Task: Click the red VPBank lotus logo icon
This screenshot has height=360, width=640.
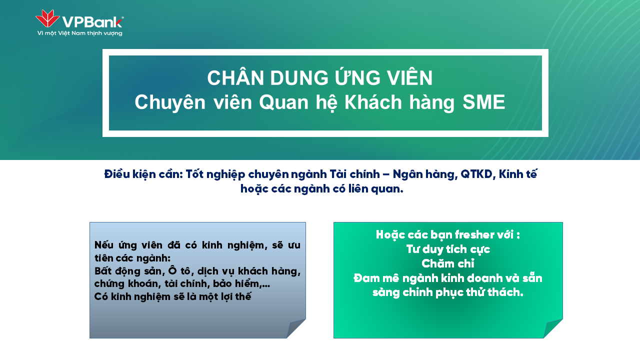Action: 47,18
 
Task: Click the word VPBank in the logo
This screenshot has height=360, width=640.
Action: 92,22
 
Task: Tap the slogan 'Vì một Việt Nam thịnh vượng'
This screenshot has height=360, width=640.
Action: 79,33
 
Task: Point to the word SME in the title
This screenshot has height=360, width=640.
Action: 483,102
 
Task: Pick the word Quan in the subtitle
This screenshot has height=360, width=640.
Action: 283,102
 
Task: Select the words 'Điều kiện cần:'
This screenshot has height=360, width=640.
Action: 143,174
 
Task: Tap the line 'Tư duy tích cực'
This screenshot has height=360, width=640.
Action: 448,249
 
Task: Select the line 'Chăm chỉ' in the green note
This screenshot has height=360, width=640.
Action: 447,263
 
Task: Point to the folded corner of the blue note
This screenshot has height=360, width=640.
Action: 295,329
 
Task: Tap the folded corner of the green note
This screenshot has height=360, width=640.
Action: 552,329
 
